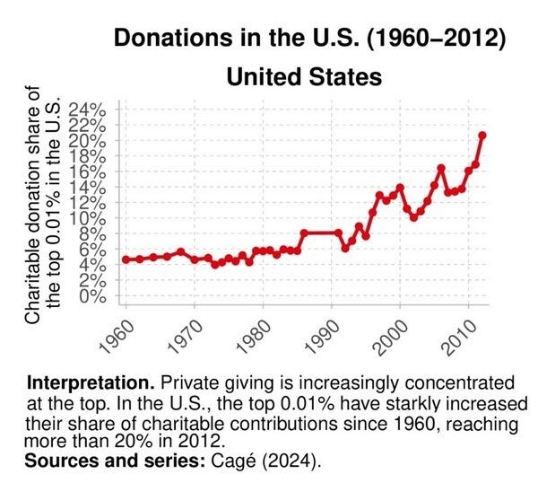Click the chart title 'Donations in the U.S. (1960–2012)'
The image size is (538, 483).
(x=304, y=39)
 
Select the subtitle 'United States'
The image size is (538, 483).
(x=304, y=76)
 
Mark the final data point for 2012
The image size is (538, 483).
(x=482, y=136)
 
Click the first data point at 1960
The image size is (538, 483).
(x=126, y=259)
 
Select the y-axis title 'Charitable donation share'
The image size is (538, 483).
(x=32, y=206)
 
